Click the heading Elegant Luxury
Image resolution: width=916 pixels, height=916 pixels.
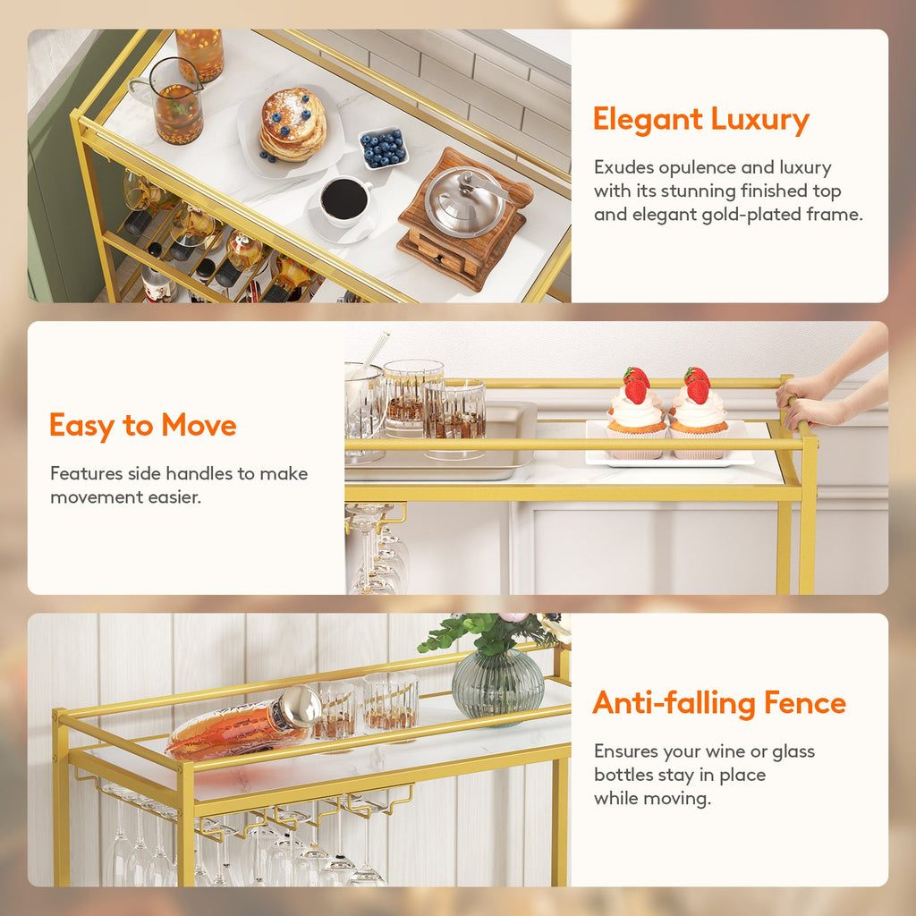coord(700,120)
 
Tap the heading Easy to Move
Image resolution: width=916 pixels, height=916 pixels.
coord(143,426)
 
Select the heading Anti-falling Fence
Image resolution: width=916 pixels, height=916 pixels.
coord(719,703)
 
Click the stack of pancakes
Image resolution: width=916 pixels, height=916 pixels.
coord(293,125)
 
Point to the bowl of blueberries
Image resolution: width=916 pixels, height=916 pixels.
coord(383,148)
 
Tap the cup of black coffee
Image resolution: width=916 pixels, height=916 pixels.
coord(344,200)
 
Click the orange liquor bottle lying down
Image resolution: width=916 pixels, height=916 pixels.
coord(237,726)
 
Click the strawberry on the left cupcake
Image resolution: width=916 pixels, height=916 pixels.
coord(636,386)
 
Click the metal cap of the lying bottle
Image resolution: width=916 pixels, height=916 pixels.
coord(300,706)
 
